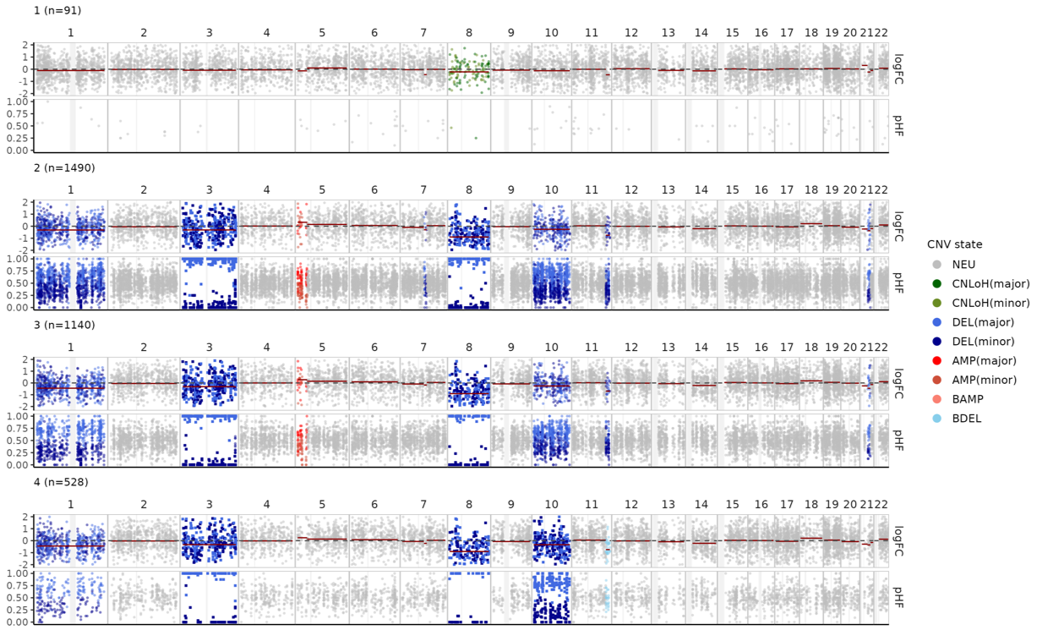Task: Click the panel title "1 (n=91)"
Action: tap(57, 10)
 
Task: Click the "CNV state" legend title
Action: tap(954, 244)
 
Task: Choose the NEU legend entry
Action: tap(963, 265)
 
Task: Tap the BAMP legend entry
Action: tap(967, 399)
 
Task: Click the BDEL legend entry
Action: tap(966, 419)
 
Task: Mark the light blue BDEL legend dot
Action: tap(936, 419)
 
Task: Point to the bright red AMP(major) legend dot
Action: tap(936, 361)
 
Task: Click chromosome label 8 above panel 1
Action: tap(468, 32)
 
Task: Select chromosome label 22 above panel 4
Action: tap(881, 504)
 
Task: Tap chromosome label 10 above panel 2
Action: tap(551, 189)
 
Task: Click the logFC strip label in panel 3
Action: tap(898, 382)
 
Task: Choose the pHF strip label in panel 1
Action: tap(898, 125)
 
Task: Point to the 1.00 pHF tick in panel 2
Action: tap(19, 259)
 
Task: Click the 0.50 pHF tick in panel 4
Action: tap(19, 597)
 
